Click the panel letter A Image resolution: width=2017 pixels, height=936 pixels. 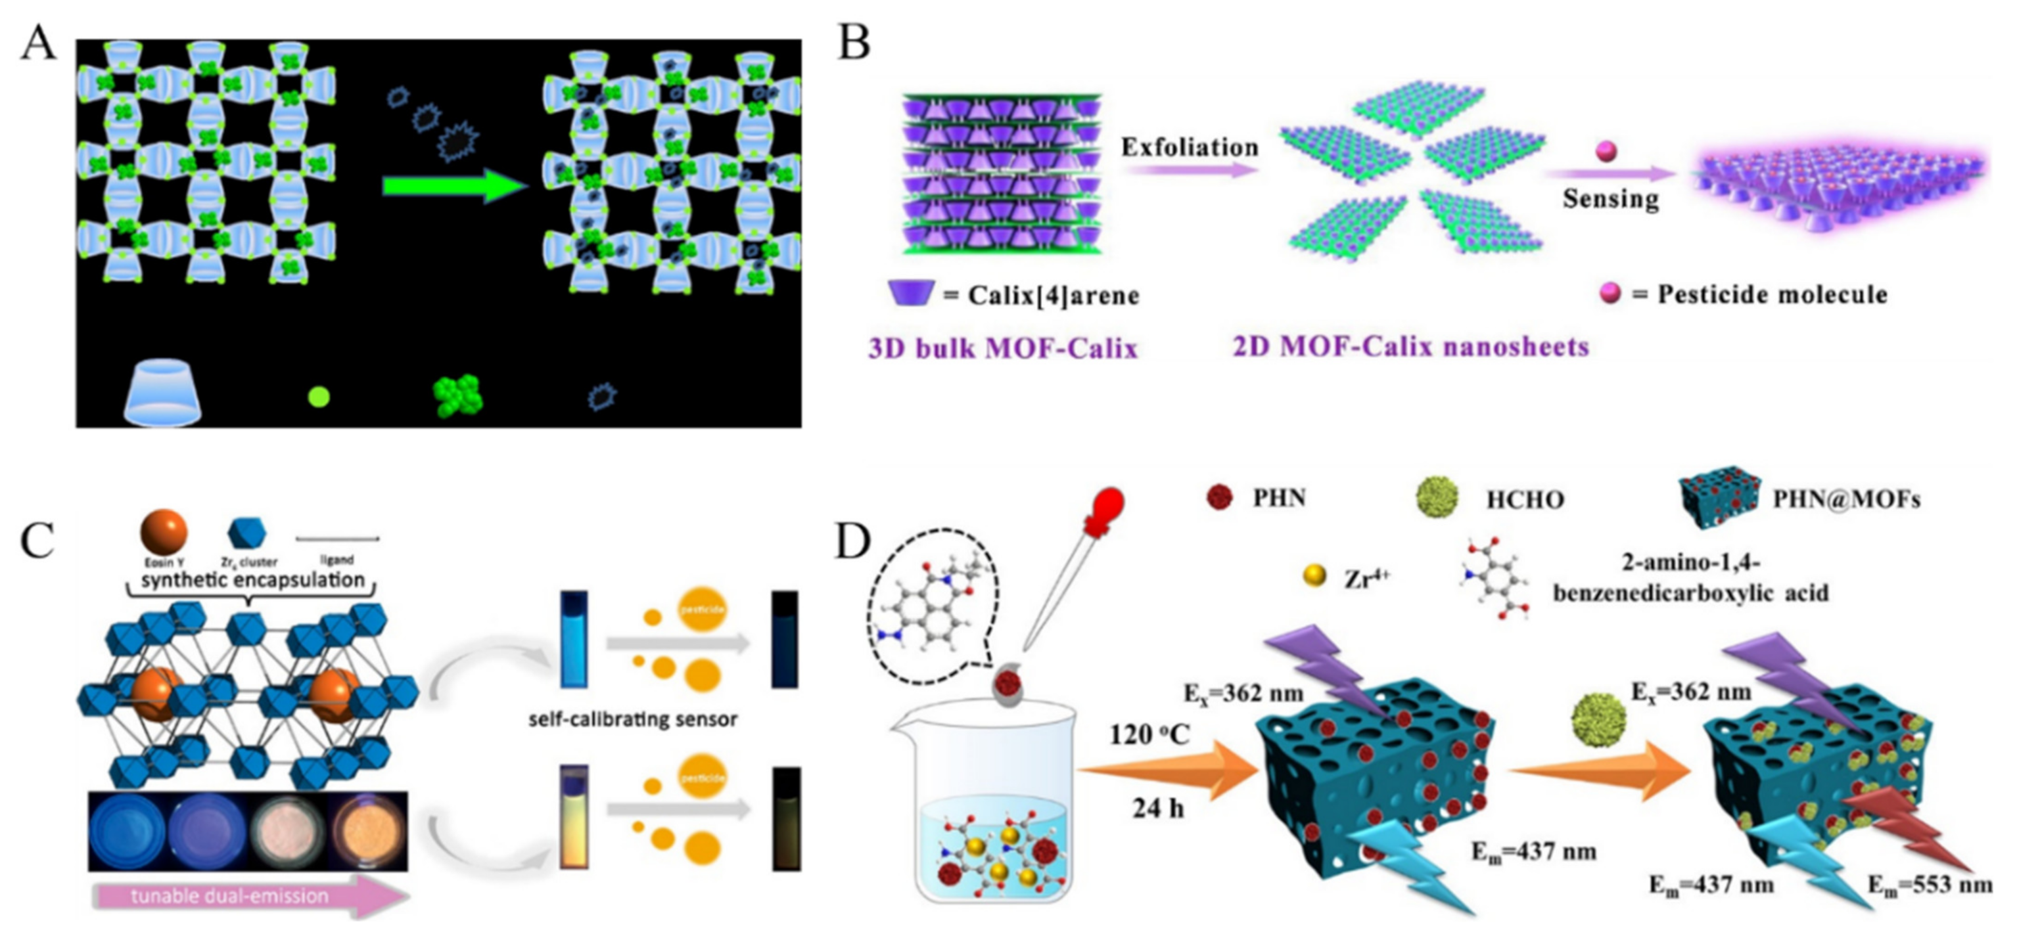(x=37, y=43)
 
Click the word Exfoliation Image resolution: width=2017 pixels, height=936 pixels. (x=1190, y=147)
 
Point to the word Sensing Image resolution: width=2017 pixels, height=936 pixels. (x=1611, y=199)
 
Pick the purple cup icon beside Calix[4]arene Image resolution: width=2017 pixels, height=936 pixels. (x=912, y=294)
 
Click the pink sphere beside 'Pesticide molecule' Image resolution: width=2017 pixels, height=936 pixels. (x=1610, y=294)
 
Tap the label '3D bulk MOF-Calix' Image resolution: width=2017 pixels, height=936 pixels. (x=1002, y=347)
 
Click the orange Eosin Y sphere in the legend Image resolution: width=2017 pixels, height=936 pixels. (x=164, y=531)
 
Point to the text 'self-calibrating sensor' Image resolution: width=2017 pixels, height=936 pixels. (x=633, y=719)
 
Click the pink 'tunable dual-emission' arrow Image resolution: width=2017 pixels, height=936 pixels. (x=250, y=896)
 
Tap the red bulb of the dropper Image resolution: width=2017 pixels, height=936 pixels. (x=1105, y=508)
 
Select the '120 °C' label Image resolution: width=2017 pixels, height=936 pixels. (x=1149, y=735)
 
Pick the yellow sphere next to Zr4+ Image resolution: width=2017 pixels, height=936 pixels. (x=1314, y=575)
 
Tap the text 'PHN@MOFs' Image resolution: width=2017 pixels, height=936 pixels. (x=1846, y=499)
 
